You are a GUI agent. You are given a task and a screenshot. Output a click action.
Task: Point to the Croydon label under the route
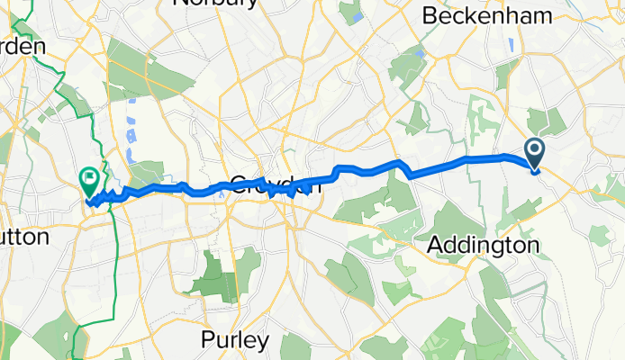coord(275,185)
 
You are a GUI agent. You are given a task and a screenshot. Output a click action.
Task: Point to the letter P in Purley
coord(205,341)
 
